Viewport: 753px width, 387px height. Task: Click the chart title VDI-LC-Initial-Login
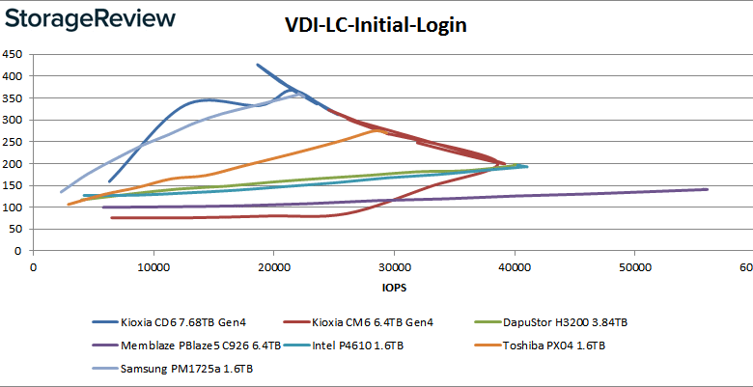click(x=376, y=26)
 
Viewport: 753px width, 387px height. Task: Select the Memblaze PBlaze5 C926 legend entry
click(x=187, y=345)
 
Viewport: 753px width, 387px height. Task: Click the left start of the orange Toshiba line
click(x=68, y=204)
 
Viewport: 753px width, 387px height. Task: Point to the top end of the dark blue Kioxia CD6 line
click(x=257, y=65)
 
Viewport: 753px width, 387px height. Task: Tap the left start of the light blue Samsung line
click(x=61, y=191)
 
